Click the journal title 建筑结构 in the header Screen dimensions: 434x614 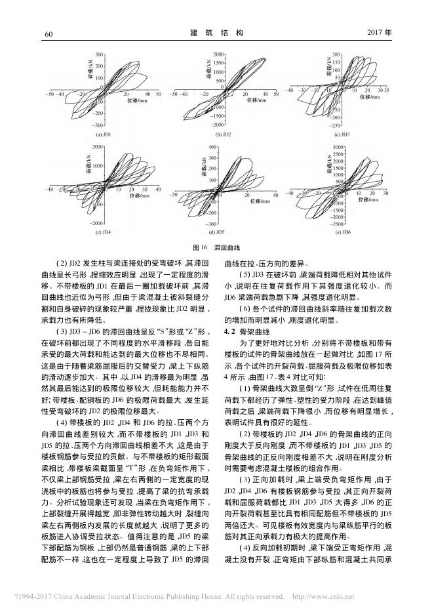tap(216, 32)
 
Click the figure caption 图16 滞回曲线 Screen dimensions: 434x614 tap(216, 249)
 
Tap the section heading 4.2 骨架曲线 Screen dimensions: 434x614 tap(250, 333)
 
